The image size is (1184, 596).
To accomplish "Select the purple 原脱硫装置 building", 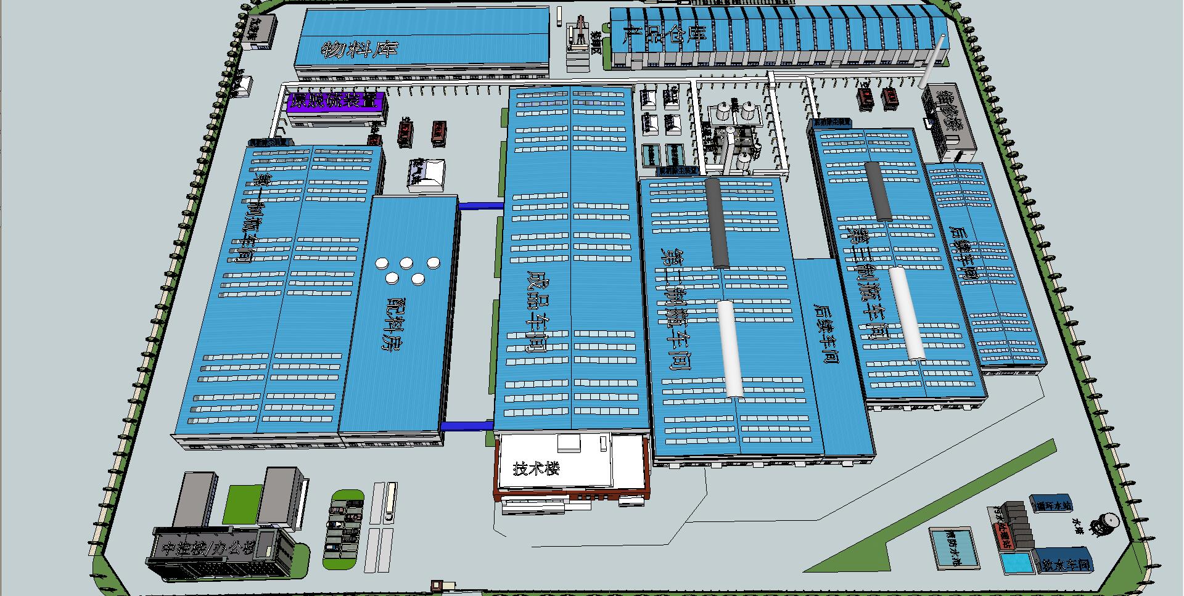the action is point(336,102).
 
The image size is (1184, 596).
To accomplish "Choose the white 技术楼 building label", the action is point(536,468).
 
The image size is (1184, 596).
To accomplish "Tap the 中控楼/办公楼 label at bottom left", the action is point(207,547).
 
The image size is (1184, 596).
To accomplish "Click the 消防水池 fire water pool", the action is point(953,547).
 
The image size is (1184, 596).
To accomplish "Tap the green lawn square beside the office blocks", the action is point(242,504).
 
